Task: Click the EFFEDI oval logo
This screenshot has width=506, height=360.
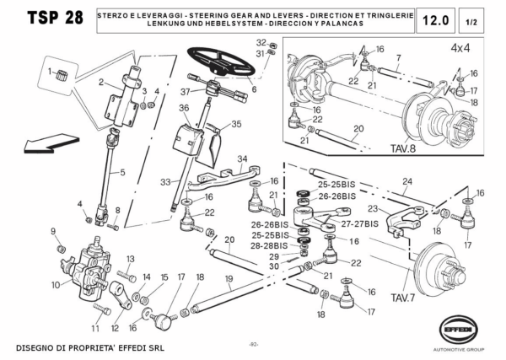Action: click(462, 331)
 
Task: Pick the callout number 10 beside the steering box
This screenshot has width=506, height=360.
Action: click(57, 285)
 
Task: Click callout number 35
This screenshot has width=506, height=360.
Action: click(236, 124)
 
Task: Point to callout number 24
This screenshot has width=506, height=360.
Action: click(406, 181)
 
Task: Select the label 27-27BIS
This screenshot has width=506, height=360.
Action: click(358, 224)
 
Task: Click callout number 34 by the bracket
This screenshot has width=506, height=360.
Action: click(241, 159)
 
